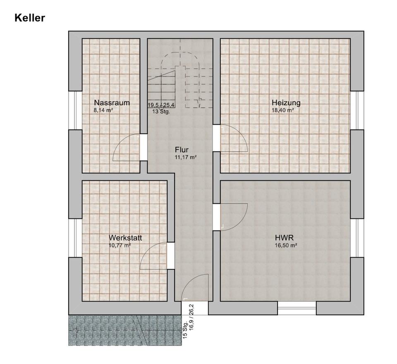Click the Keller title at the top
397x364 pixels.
point(30,18)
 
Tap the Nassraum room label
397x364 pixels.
point(112,103)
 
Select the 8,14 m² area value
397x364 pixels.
point(103,110)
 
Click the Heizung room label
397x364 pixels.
point(286,103)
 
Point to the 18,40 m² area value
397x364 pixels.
point(282,110)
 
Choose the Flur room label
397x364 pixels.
point(182,149)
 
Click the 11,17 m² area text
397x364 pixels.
point(186,157)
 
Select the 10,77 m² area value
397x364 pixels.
point(120,245)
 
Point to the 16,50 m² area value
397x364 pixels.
point(286,245)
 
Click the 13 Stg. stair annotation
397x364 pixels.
point(161,111)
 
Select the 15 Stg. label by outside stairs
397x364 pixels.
point(185,330)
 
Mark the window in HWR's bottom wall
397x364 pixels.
point(297,308)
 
